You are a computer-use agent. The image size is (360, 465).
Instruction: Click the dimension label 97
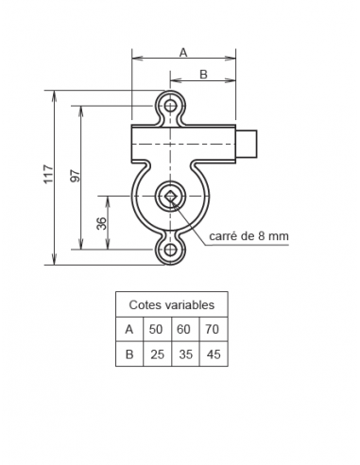click(75, 175)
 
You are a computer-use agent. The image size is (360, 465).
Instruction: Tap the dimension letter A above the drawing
click(182, 53)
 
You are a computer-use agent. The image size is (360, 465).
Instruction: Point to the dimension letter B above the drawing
click(202, 74)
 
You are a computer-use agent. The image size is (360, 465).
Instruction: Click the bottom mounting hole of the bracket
click(171, 250)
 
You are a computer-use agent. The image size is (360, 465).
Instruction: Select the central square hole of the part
click(171, 197)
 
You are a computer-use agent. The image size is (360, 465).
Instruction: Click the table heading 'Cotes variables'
click(171, 305)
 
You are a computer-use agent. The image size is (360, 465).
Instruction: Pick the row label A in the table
click(129, 330)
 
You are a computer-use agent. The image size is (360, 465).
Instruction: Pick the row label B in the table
click(129, 354)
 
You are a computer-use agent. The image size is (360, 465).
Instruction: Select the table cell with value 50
click(156, 330)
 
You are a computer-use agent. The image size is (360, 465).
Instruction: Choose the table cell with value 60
click(184, 330)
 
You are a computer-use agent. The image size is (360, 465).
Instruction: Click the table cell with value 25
click(156, 354)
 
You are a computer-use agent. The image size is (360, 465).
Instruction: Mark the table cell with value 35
click(184, 354)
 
